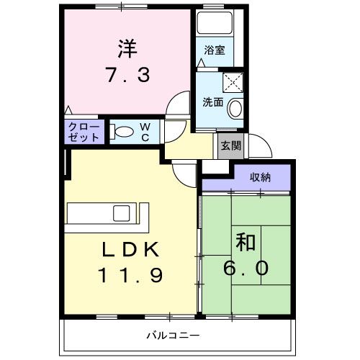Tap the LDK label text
coord(130,249)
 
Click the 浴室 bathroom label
coord(214,50)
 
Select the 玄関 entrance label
coord(230,145)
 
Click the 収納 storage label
coord(261,177)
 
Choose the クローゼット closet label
coord(84,132)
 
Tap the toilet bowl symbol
coord(123,132)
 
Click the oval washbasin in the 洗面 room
coord(235,109)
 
